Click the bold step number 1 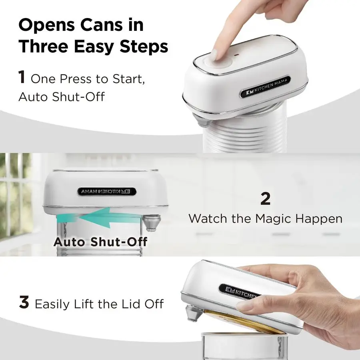(22, 77)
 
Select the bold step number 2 (265, 198)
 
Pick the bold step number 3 (24, 303)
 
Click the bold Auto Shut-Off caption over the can (100, 242)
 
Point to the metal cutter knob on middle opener (152, 222)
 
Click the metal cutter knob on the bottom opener (194, 313)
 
